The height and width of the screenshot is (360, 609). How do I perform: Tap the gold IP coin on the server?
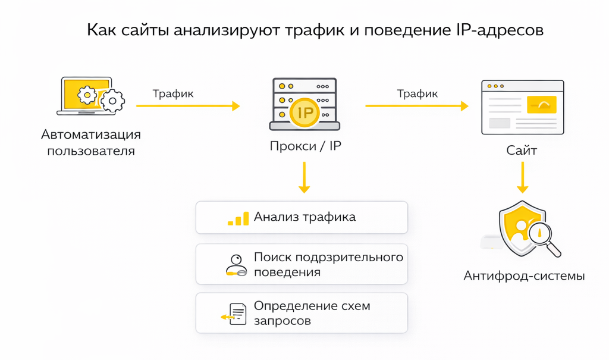(x=304, y=112)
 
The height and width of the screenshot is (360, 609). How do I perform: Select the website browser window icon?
(x=522, y=107)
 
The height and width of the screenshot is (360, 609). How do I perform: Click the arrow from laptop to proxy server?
(x=188, y=106)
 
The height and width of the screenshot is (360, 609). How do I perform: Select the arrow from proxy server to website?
(x=416, y=106)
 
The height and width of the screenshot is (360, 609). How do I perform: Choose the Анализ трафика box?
(x=302, y=217)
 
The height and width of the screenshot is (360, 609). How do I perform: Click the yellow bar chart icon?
(x=238, y=218)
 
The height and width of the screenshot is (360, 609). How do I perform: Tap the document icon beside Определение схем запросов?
(x=236, y=314)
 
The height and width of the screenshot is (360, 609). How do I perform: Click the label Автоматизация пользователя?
(x=91, y=142)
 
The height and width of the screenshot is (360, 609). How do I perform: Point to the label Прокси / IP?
(x=305, y=146)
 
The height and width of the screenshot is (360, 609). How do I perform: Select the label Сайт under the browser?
(x=522, y=150)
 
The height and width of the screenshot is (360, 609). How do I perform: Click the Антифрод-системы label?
(x=524, y=276)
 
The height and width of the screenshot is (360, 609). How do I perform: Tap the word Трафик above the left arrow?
(x=173, y=93)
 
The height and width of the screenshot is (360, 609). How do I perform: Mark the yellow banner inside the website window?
(x=541, y=105)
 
